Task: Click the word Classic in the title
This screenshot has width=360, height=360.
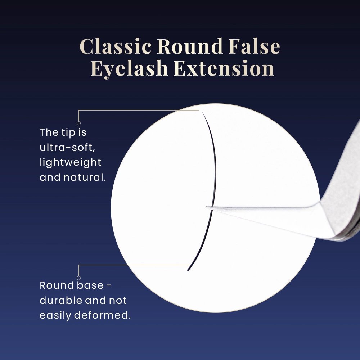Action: pyautogui.click(x=116, y=46)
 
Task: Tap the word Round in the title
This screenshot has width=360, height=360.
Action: pyautogui.click(x=190, y=46)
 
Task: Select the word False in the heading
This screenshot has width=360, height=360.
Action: pyautogui.click(x=254, y=46)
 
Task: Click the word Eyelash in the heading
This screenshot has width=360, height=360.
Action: pyautogui.click(x=129, y=68)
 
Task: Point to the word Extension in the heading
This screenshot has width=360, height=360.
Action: pyautogui.click(x=224, y=68)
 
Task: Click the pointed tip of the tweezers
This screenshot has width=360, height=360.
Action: pyautogui.click(x=206, y=208)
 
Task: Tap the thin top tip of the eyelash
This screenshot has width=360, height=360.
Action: pyautogui.click(x=202, y=112)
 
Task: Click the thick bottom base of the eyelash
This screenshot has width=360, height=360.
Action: pyautogui.click(x=188, y=270)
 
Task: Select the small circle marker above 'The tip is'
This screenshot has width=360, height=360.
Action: pyautogui.click(x=78, y=123)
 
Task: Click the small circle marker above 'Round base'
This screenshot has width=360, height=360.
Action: pyautogui.click(x=78, y=278)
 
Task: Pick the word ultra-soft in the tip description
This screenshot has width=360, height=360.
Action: pyautogui.click(x=67, y=147)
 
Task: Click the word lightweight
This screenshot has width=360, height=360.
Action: pyautogui.click(x=71, y=163)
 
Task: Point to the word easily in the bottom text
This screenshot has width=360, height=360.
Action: pyautogui.click(x=55, y=316)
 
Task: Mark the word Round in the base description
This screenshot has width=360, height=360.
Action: pyautogui.click(x=57, y=285)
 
